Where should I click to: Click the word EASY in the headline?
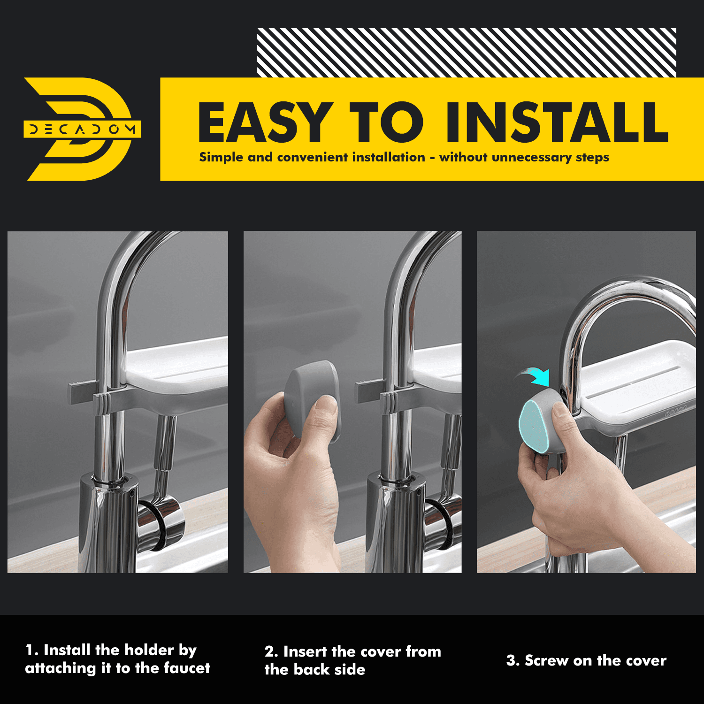point(265,122)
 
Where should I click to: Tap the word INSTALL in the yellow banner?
point(557,122)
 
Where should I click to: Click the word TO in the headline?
point(386,122)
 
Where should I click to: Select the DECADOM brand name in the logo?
point(82,129)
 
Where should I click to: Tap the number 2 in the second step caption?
point(269,651)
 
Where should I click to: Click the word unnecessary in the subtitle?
point(531,158)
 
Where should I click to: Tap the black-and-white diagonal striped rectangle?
point(467,53)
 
